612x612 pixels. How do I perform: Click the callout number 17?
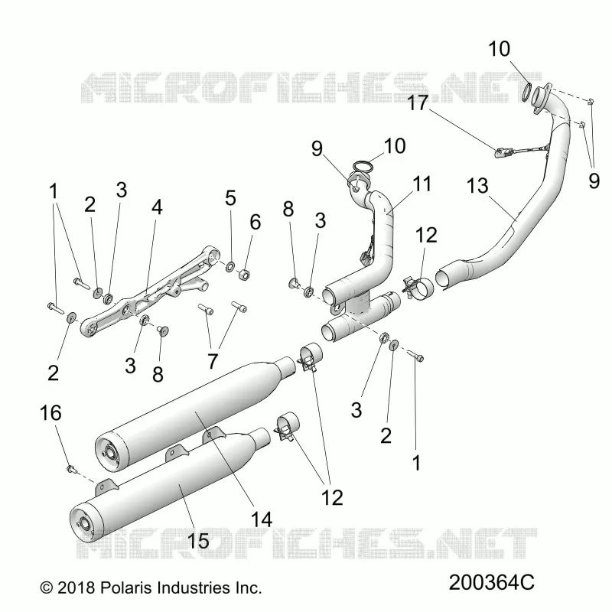[x=417, y=103]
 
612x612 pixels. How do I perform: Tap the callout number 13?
[x=477, y=186]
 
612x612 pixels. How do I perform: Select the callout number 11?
[x=422, y=184]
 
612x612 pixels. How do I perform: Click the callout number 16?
[x=50, y=413]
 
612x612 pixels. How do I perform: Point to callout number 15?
[x=198, y=541]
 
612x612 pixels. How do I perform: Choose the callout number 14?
[x=261, y=519]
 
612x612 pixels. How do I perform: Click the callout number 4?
[x=157, y=207]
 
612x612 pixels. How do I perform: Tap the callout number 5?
[x=230, y=198]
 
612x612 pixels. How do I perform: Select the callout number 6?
[x=255, y=222]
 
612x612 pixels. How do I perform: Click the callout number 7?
[x=213, y=361]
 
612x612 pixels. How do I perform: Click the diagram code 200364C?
[x=491, y=583]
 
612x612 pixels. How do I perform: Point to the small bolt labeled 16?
[x=70, y=467]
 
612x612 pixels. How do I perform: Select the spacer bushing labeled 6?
[x=244, y=274]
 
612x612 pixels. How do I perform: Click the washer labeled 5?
[x=230, y=266]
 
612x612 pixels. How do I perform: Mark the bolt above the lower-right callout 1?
[x=415, y=356]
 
